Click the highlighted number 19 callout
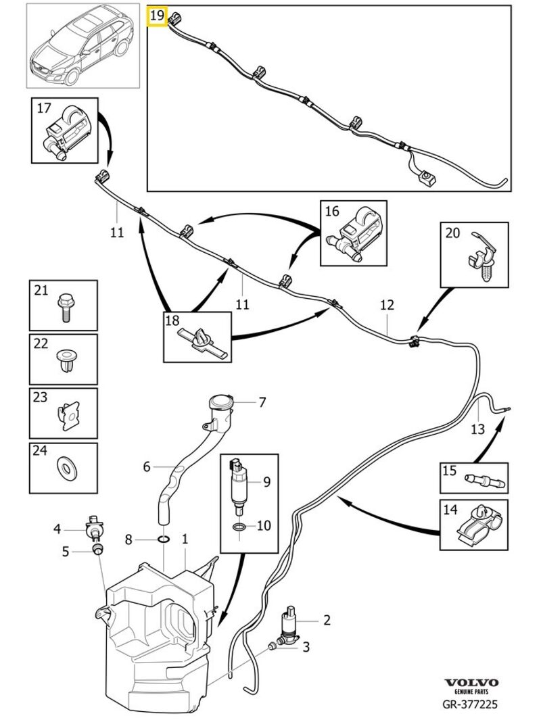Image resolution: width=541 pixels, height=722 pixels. point(157,15)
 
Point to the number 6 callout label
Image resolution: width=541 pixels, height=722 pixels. point(147,466)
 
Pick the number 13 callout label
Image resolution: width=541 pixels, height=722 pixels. point(477,429)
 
